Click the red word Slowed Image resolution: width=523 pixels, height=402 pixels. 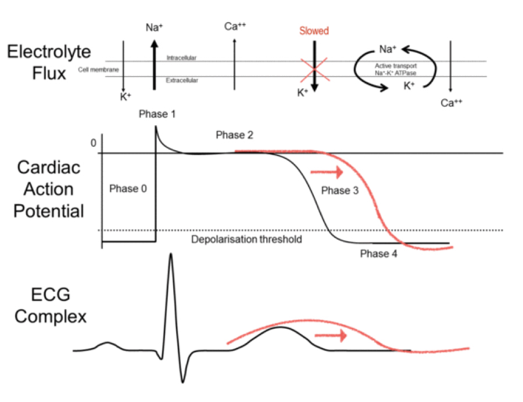point(313,31)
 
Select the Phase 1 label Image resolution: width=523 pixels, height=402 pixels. point(157,114)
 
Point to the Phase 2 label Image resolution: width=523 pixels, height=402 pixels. point(234,135)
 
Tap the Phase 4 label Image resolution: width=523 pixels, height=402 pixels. point(378,253)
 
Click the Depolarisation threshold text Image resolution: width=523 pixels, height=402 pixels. point(247,239)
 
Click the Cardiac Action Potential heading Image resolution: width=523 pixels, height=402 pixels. point(49,189)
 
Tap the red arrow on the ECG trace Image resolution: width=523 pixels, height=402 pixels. point(330,335)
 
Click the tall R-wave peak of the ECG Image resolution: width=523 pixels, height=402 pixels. point(171,256)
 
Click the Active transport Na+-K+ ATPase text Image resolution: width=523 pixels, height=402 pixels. point(396,70)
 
